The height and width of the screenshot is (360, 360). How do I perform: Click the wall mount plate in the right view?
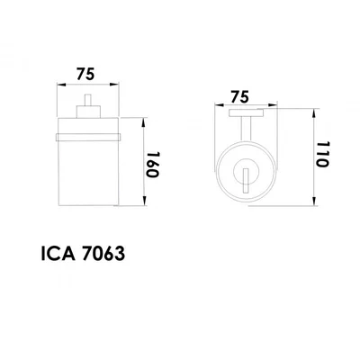[245, 112]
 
